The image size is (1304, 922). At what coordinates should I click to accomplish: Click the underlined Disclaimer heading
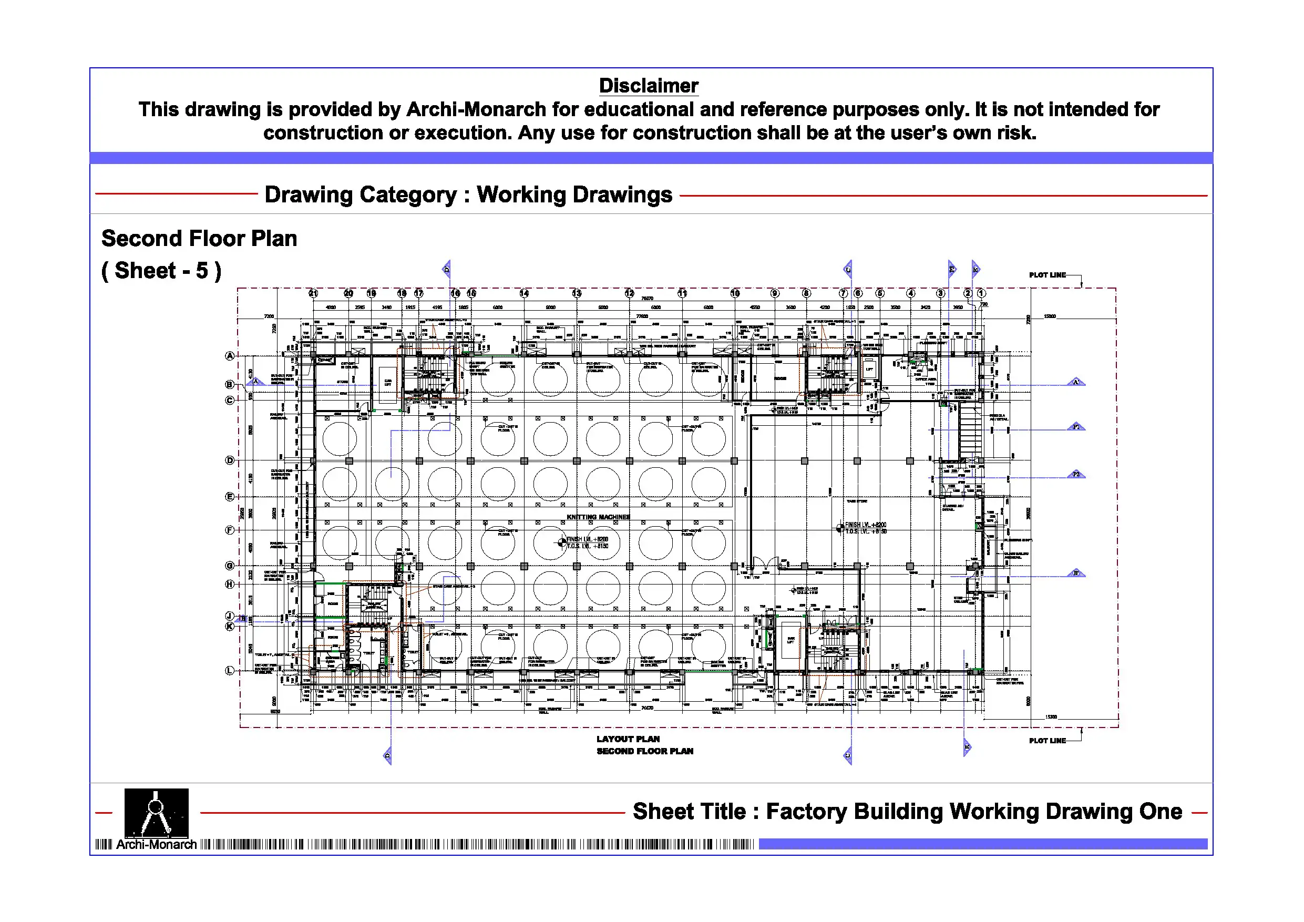648,86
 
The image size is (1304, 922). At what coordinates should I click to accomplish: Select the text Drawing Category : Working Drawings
468,195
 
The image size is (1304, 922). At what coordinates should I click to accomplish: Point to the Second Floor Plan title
199,239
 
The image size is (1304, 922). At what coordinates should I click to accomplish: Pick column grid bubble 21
313,293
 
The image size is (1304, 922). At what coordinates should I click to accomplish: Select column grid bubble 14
523,293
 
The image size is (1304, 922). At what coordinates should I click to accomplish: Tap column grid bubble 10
735,293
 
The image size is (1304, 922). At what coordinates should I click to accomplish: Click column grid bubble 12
629,293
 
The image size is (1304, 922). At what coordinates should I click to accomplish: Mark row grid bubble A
230,356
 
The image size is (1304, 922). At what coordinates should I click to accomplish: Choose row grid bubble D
230,460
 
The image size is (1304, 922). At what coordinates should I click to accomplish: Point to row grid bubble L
230,670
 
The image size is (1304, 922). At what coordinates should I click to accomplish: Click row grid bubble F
230,530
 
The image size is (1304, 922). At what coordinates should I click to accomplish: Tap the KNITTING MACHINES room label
598,517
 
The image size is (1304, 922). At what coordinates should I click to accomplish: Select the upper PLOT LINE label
1046,275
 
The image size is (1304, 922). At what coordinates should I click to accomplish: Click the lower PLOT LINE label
1046,741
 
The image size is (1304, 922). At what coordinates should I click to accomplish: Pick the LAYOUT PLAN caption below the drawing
628,739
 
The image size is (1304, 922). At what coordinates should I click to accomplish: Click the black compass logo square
156,812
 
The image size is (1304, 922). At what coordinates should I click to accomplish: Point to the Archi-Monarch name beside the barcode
156,845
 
